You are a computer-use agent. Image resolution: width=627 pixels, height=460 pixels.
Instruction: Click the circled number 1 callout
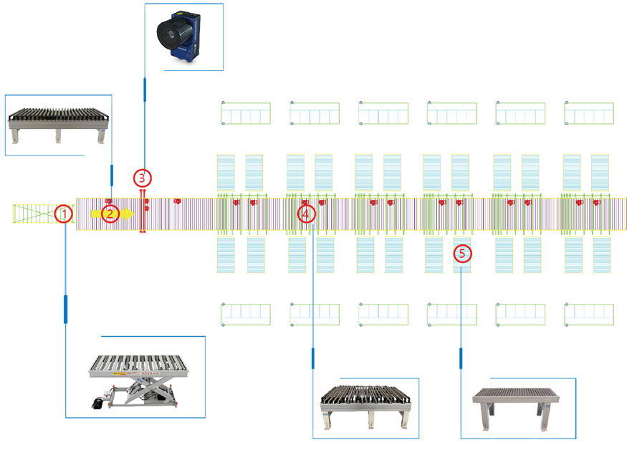click(x=64, y=214)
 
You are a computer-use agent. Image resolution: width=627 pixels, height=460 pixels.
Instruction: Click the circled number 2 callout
click(x=110, y=214)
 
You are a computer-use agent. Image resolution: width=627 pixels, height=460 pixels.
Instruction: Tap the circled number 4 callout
click(x=306, y=214)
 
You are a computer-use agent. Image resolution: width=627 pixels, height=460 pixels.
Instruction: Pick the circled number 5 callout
click(x=461, y=253)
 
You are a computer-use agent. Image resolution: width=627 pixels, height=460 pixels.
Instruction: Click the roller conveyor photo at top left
click(x=57, y=123)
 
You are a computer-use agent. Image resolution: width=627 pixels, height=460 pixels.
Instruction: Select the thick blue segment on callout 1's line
click(x=65, y=309)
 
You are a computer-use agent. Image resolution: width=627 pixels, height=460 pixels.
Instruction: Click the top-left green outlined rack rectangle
click(x=246, y=113)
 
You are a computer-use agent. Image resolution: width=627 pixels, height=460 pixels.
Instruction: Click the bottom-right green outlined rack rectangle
click(x=589, y=315)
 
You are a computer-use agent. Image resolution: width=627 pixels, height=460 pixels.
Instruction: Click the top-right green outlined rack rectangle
click(x=589, y=113)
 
